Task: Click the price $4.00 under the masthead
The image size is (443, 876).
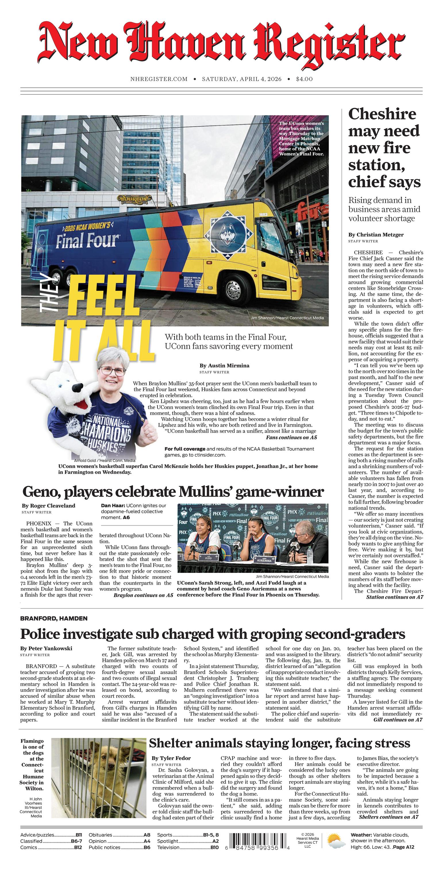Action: click(304, 79)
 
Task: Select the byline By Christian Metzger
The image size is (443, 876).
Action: click(376, 235)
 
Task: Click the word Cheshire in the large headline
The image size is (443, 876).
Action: click(382, 114)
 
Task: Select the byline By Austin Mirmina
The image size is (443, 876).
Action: click(224, 365)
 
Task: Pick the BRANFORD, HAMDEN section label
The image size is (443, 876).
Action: click(54, 618)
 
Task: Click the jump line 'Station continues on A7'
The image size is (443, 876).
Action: click(394, 597)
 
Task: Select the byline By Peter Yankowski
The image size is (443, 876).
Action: click(46, 648)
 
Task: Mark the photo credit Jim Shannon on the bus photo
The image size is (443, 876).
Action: click(287, 318)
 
